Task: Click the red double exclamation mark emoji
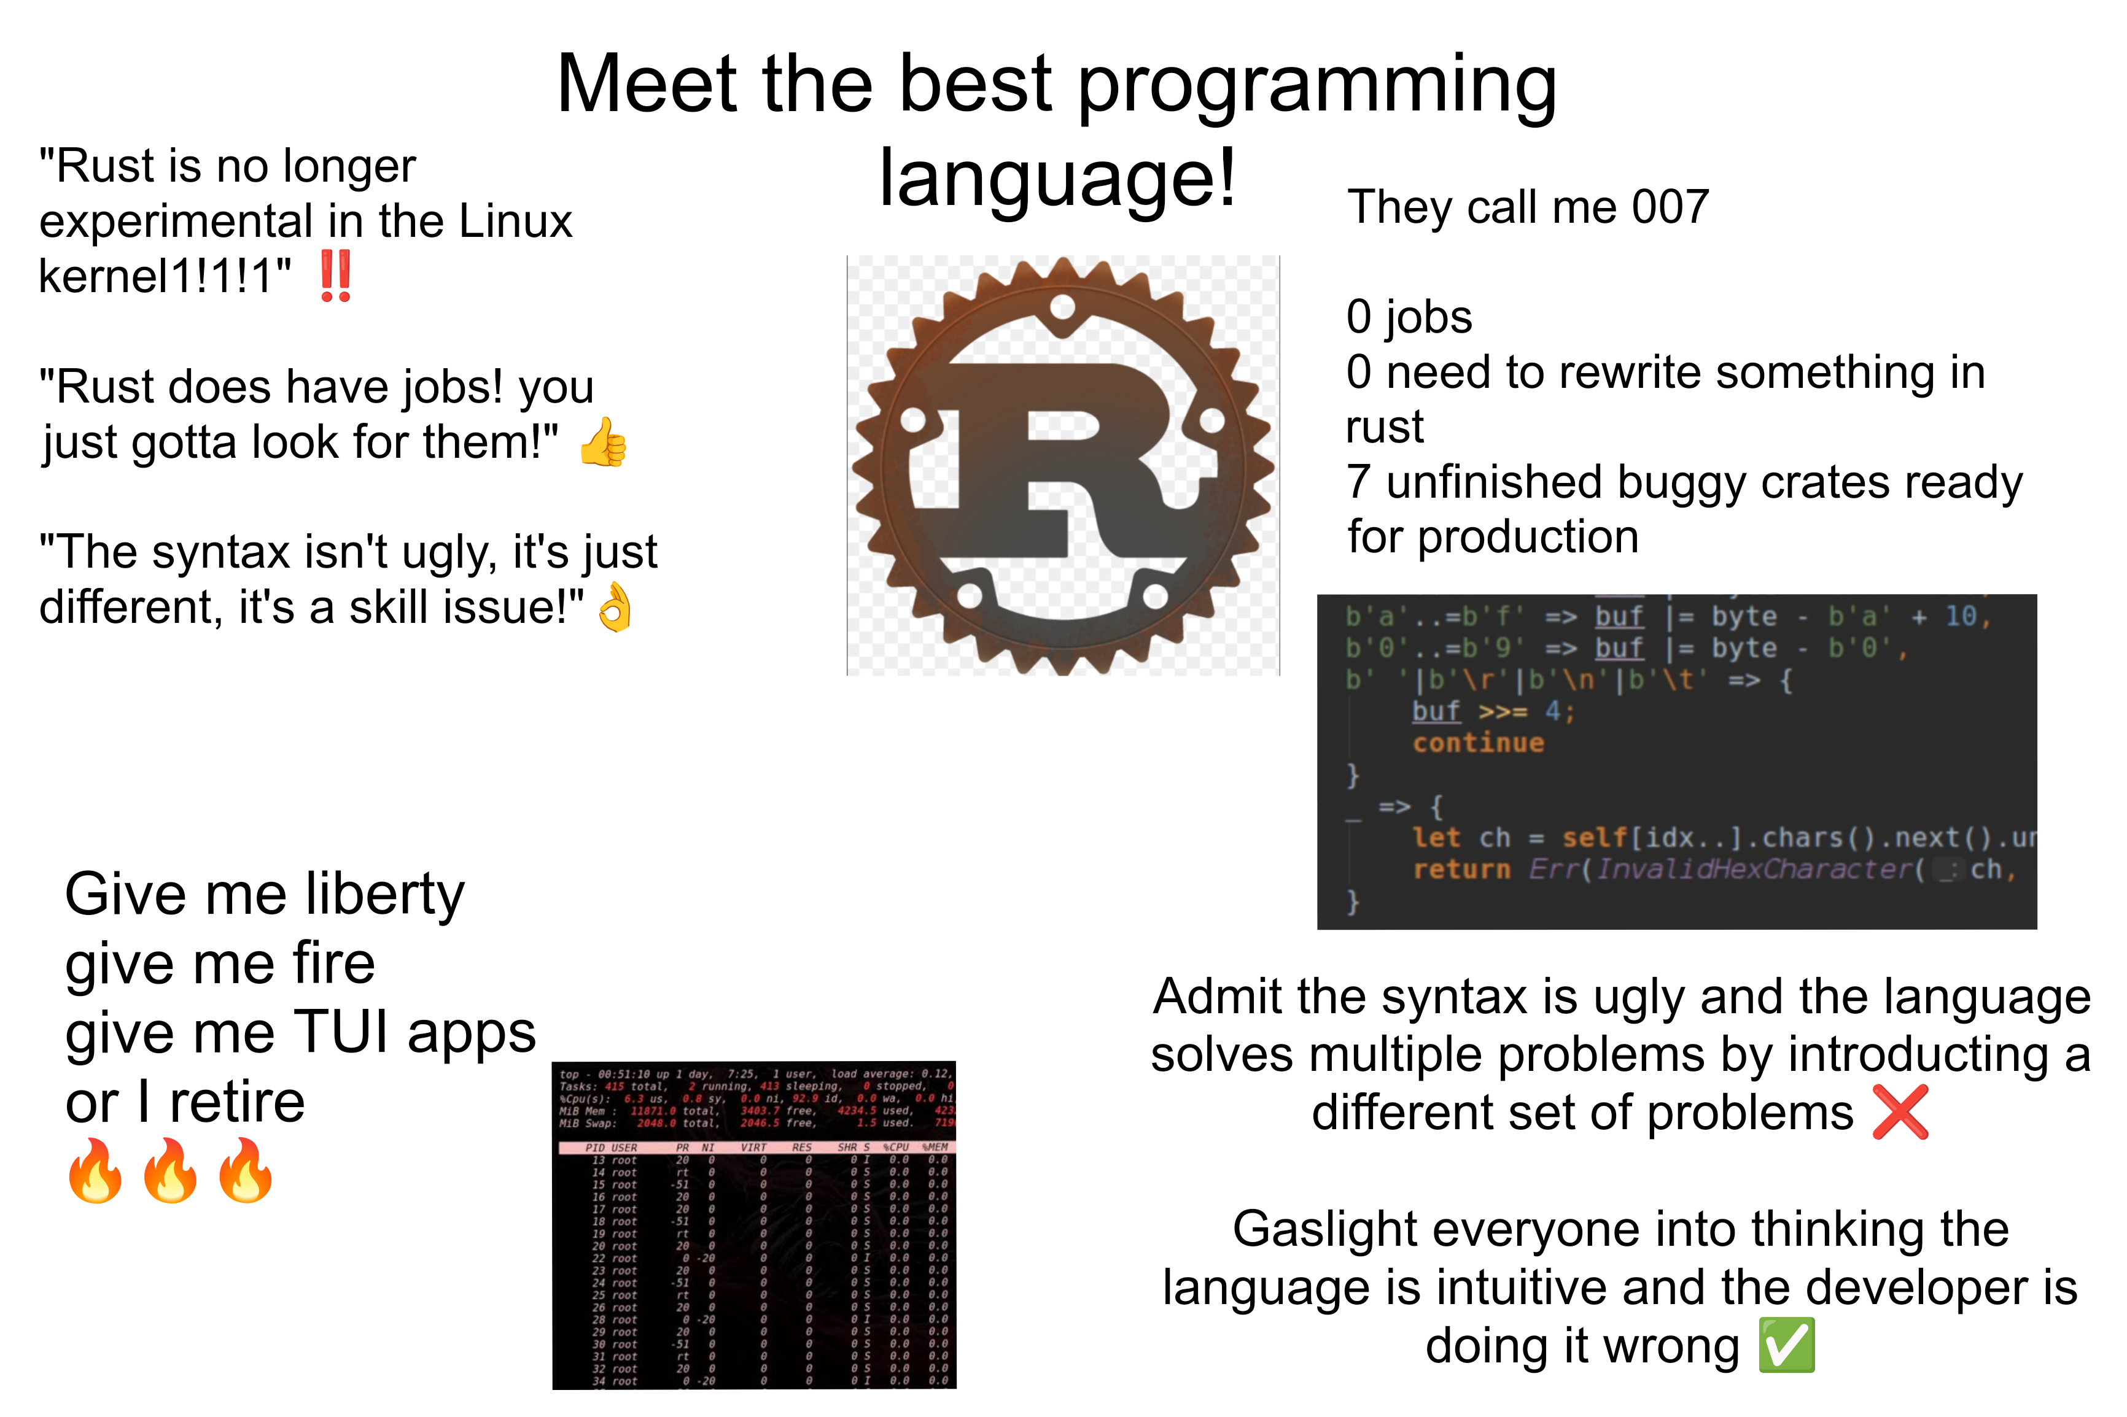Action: point(335,277)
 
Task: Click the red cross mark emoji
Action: point(1900,1111)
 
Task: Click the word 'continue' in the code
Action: point(1478,743)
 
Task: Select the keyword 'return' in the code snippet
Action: point(1461,870)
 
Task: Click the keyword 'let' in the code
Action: point(1436,838)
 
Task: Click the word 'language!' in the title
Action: point(1057,178)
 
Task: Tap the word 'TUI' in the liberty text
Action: point(343,1032)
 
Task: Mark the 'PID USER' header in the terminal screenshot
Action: point(611,1148)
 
